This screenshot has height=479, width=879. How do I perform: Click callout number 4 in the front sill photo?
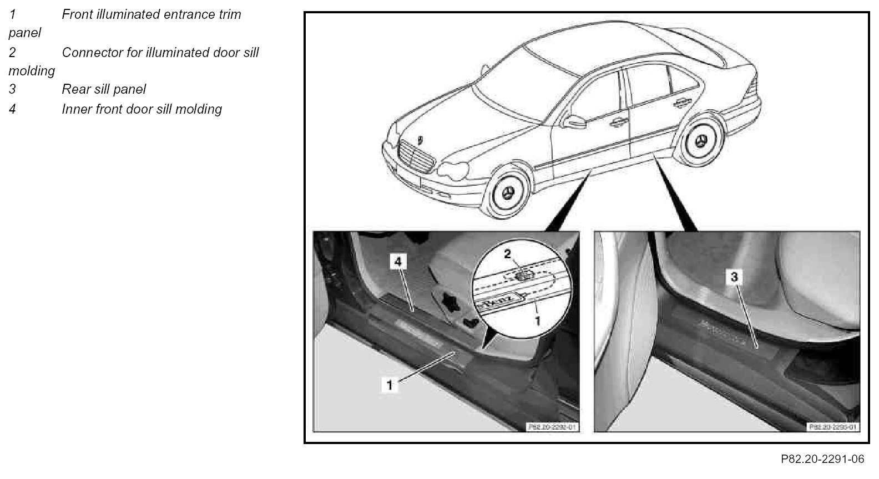click(x=399, y=262)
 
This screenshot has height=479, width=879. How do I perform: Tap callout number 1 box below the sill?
click(x=390, y=384)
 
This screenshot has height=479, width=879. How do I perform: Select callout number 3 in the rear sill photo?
click(x=734, y=277)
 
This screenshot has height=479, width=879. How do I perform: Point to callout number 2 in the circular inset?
click(x=507, y=254)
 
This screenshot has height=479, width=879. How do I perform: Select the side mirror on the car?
click(x=572, y=120)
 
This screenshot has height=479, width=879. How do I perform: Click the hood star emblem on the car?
click(x=420, y=138)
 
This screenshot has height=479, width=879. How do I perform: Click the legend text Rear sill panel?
click(x=104, y=89)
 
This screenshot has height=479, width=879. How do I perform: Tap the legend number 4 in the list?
click(x=12, y=109)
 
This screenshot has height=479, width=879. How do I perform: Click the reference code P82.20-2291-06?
click(x=822, y=459)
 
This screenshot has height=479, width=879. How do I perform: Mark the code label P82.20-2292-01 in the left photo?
click(x=552, y=427)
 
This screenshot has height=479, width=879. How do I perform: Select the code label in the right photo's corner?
click(x=832, y=427)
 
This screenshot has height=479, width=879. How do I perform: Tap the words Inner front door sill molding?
click(x=142, y=109)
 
